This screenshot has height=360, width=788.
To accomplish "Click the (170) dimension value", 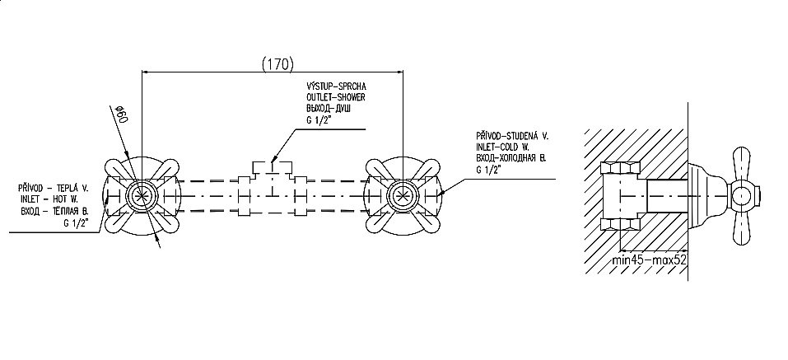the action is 277,64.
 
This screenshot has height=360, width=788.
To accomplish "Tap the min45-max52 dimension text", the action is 650,261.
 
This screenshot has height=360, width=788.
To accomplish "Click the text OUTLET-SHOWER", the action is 336,97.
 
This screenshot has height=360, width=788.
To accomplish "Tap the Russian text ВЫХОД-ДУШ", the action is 329,109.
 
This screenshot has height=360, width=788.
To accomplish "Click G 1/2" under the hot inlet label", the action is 76,223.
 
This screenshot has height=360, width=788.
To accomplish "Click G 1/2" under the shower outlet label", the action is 318,120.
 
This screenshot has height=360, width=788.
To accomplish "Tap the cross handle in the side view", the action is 743,196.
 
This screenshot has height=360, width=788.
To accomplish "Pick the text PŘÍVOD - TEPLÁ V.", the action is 54,188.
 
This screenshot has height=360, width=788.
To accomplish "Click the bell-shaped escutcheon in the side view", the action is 707,196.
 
